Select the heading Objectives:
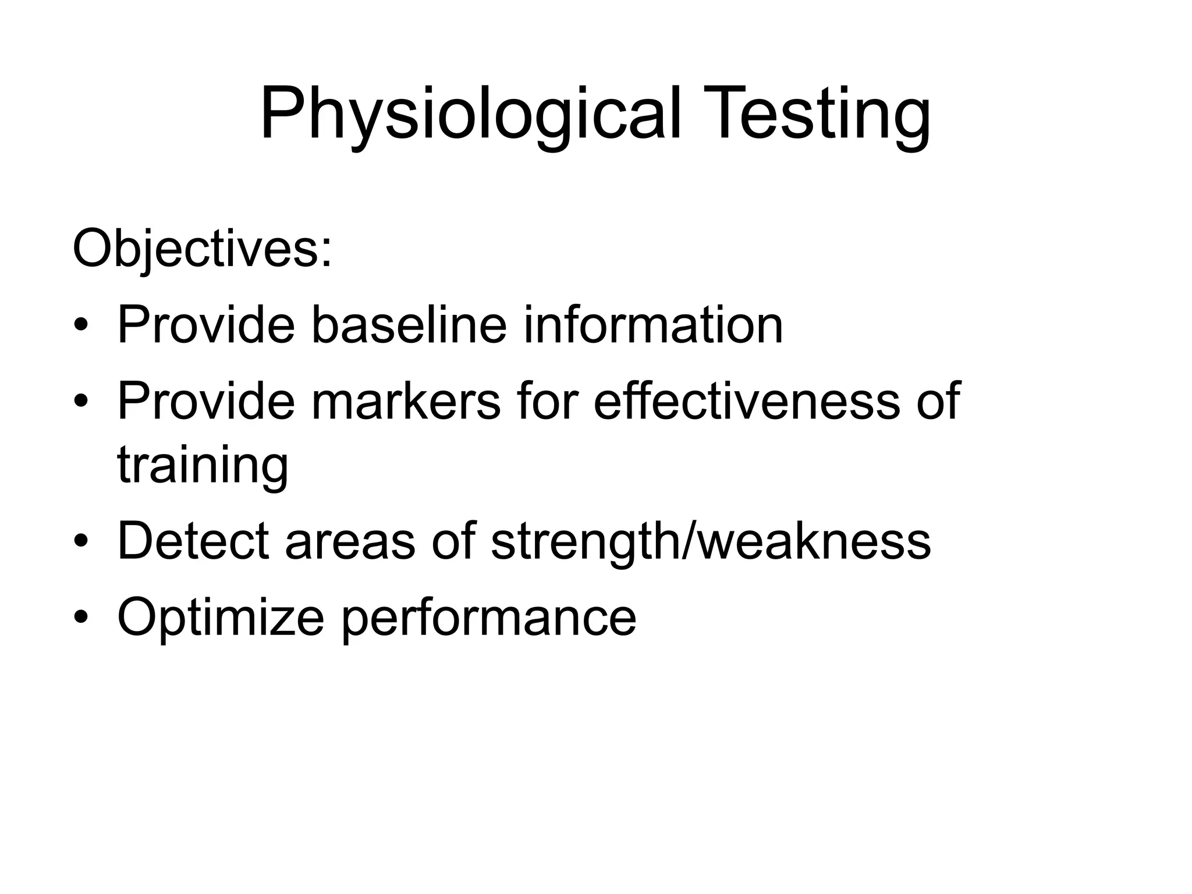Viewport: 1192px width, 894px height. [x=203, y=250]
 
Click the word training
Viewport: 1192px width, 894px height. [x=203, y=466]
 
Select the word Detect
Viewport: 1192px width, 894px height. [x=193, y=541]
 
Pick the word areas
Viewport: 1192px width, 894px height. [x=350, y=541]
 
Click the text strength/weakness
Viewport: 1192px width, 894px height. [x=710, y=541]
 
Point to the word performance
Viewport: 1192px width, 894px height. [x=488, y=618]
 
